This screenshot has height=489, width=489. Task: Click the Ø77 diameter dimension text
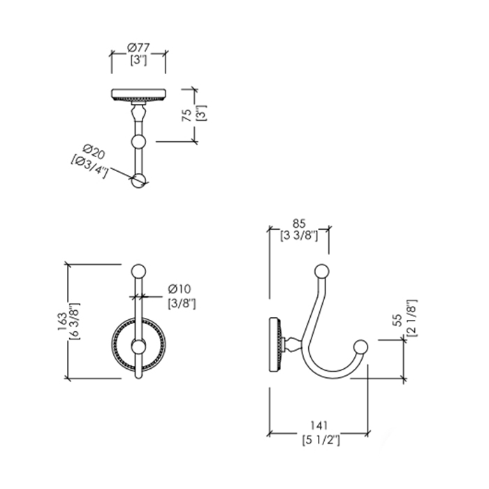[x=138, y=48]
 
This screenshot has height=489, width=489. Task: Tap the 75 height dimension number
[x=187, y=115]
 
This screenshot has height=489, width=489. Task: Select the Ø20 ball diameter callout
[x=94, y=152]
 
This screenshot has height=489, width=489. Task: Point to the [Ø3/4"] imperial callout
[x=89, y=167]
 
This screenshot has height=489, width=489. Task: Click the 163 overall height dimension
[x=62, y=321]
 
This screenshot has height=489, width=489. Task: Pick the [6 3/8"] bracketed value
[x=75, y=321]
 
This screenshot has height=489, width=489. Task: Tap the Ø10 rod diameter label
[x=180, y=289]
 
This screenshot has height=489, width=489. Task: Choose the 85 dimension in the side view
[x=299, y=224]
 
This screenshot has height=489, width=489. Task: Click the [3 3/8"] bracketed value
[x=299, y=235]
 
